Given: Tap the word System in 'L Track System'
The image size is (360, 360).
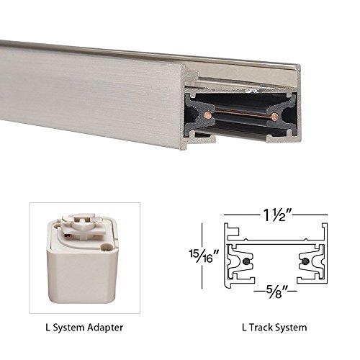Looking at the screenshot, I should pyautogui.click(x=294, y=328).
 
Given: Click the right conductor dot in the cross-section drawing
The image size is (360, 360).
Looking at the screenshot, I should pyautogui.click(x=305, y=260).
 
